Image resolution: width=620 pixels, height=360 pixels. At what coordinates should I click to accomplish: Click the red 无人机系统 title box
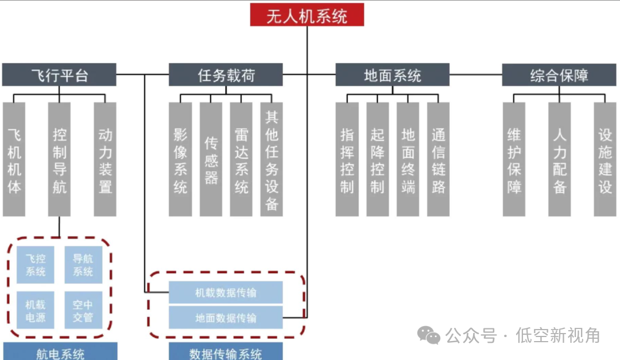(x=307, y=14)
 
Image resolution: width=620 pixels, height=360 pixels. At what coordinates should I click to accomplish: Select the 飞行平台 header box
(x=59, y=75)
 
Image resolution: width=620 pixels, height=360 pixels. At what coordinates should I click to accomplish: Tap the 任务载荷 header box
(x=226, y=75)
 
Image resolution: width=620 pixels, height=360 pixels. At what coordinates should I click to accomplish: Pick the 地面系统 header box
(x=392, y=75)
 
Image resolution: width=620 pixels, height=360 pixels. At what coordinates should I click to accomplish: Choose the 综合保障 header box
(x=559, y=75)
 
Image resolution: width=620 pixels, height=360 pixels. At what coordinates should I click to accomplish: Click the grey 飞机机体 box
(x=14, y=160)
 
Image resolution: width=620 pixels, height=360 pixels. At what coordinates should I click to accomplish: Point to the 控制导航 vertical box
(x=60, y=160)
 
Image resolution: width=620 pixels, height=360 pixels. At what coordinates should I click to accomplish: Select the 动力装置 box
(x=105, y=160)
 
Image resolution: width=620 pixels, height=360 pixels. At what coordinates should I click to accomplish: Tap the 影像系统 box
(x=180, y=160)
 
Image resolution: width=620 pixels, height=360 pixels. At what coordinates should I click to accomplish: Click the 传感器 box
(x=211, y=160)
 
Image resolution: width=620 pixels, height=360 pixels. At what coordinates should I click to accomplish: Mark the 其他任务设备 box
(x=272, y=160)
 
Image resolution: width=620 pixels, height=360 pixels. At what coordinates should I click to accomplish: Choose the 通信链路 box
(x=438, y=160)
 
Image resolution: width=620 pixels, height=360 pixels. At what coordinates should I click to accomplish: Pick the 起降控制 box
(x=377, y=160)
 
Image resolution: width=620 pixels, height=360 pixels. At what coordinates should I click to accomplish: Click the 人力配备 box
(x=560, y=160)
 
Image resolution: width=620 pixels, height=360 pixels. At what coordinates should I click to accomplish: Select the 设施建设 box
(x=605, y=160)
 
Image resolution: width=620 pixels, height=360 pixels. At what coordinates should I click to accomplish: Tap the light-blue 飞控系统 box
(x=36, y=265)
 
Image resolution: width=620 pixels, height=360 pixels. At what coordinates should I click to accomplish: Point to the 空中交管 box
(x=83, y=310)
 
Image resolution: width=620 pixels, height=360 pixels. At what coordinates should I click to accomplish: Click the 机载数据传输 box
(x=226, y=292)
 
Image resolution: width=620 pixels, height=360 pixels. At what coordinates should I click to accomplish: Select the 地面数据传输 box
(x=226, y=318)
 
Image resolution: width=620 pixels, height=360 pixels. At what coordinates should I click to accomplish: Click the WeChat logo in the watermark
(x=429, y=335)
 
